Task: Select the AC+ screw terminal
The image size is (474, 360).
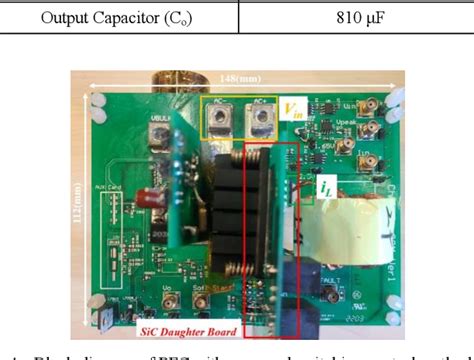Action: click(x=261, y=119)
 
